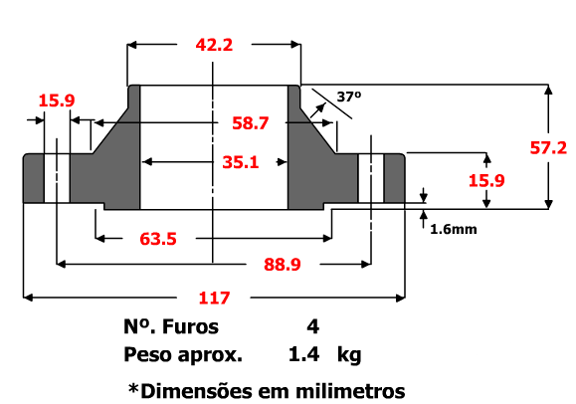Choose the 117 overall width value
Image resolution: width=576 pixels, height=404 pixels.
click(214, 297)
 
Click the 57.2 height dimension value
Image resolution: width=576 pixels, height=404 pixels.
click(548, 147)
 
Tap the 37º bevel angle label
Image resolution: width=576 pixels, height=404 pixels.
click(348, 97)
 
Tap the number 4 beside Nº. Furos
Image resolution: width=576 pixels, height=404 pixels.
click(313, 326)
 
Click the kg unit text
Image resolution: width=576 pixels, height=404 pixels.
click(348, 355)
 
